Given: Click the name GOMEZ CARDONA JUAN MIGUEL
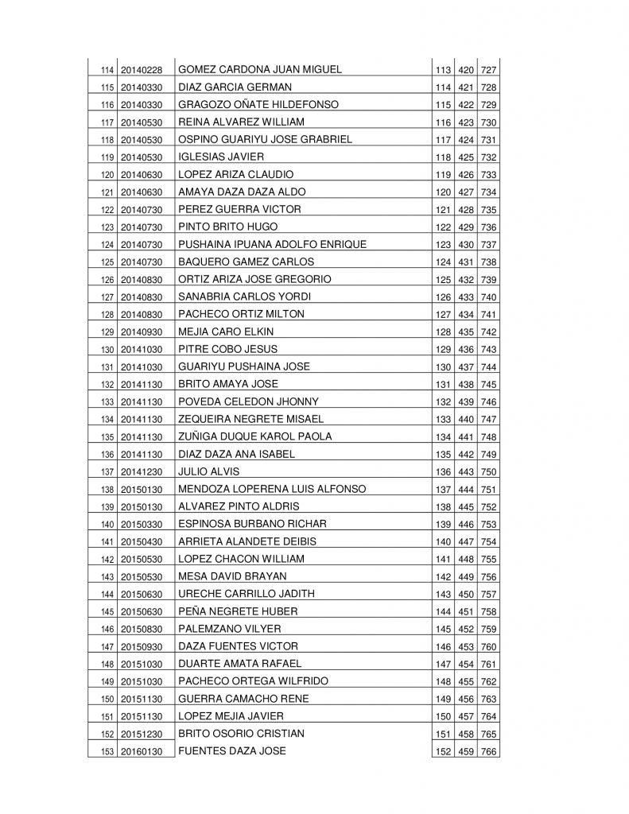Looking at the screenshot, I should pyautogui.click(x=260, y=70).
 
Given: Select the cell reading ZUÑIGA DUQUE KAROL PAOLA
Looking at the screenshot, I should pyautogui.click(x=255, y=436).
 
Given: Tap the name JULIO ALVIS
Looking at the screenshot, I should pyautogui.click(x=204, y=471).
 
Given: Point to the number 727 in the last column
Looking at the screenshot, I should pyautogui.click(x=489, y=71).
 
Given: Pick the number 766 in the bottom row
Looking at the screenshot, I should pyautogui.click(x=489, y=752).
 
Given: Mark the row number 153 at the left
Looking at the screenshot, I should pyautogui.click(x=107, y=752).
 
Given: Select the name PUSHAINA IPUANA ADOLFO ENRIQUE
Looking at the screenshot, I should pyautogui.click(x=273, y=245).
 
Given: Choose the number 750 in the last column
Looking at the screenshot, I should pyautogui.click(x=489, y=472).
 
